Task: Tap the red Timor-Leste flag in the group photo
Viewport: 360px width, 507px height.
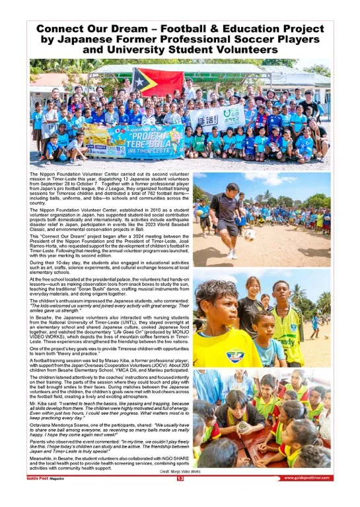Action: point(157,81)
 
